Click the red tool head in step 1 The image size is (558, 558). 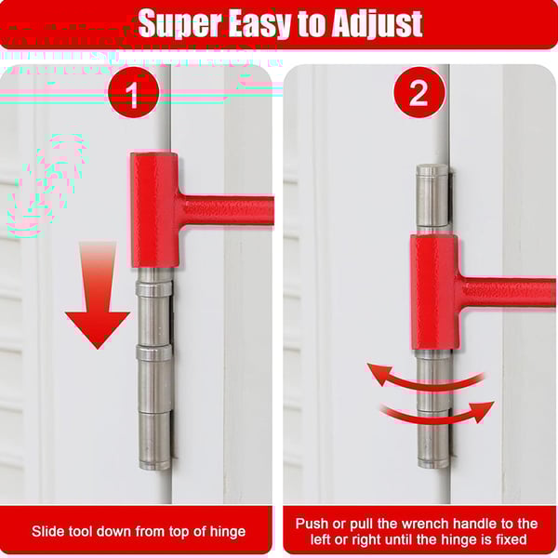154,209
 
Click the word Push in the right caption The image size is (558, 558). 313,524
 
